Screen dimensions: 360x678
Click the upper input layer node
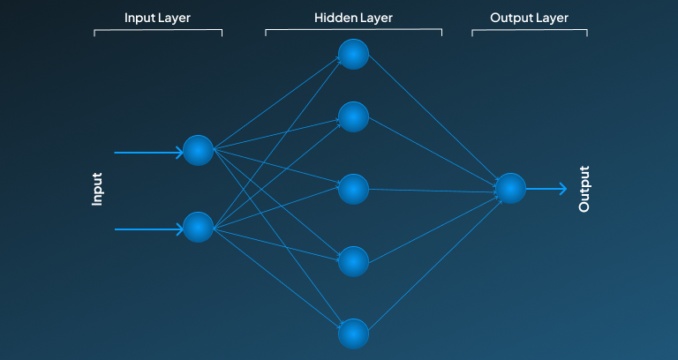199,151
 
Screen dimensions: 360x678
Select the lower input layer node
199,227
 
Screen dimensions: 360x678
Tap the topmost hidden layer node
353,55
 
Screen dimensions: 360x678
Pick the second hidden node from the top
353,116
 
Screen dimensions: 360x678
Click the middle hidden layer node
353,189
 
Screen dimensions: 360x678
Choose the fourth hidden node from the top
353,261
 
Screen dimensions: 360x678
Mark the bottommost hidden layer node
353,334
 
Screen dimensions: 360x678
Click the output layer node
510,188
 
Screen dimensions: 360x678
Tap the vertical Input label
98,189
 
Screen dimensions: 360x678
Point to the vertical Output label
584,189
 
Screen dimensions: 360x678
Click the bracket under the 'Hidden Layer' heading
353,31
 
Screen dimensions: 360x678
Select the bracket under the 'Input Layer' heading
158,31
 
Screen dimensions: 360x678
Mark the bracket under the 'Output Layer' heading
530,31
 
